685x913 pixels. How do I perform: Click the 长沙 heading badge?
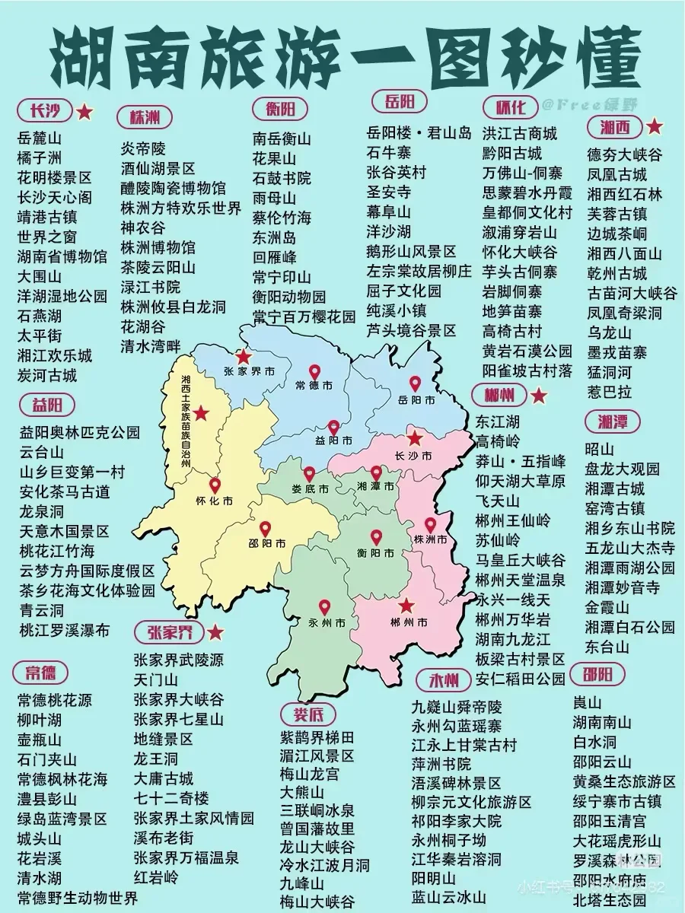45,112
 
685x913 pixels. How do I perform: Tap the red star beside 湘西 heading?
655,126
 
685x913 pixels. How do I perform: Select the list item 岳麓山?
39,138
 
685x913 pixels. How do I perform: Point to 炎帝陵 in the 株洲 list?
143,148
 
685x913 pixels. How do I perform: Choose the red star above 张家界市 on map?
244,356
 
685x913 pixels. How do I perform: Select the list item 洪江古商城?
520,133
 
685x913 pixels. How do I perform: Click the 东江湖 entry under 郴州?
498,421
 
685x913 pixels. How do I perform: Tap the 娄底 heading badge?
308,714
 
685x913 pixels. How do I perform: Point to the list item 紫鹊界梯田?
317,737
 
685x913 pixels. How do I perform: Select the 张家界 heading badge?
164,631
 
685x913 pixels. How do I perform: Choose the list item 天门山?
156,679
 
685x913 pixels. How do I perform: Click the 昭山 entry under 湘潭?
599,449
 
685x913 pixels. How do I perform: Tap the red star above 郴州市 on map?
406,606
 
